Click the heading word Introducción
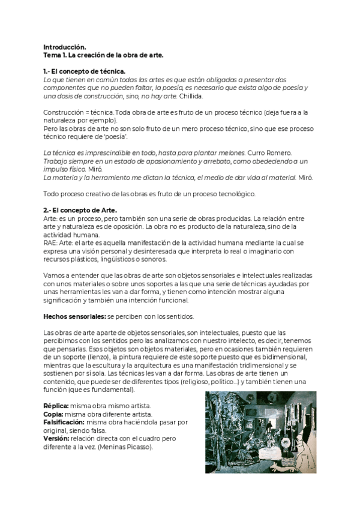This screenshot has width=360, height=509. [x=65, y=47]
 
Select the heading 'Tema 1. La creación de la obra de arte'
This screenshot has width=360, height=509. [x=103, y=55]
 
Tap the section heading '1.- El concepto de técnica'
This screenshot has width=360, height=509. [x=85, y=71]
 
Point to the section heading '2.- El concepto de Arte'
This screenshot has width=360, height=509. [x=80, y=209]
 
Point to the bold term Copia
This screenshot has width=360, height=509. [x=55, y=414]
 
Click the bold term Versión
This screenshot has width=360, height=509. [x=58, y=438]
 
